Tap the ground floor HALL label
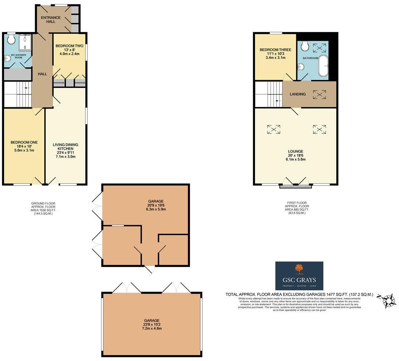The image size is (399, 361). point(42,74)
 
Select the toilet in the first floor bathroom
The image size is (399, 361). point(305,45)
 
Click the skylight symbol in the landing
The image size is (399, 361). point(319,94)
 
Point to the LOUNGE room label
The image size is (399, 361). point(296,151)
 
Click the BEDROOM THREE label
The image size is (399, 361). point(275,50)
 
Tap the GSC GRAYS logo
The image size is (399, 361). point(299,276)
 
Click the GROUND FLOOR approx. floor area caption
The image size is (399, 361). point(44,209)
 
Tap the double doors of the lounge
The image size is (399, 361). point(295,181)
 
